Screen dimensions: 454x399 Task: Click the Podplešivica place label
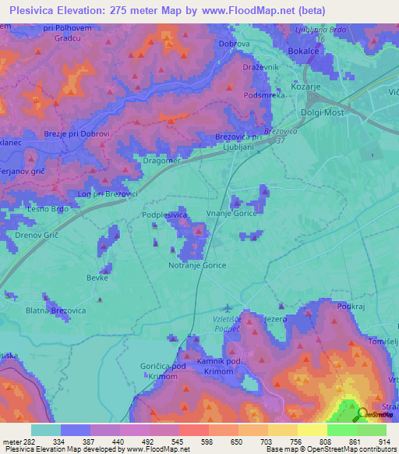click(x=164, y=215)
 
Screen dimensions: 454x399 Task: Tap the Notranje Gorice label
click(x=197, y=265)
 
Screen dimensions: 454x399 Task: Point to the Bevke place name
click(x=97, y=278)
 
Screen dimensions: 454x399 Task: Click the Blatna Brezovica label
click(x=55, y=310)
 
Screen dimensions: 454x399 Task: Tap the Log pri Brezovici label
click(x=108, y=193)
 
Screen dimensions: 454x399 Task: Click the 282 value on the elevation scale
click(x=25, y=442)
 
